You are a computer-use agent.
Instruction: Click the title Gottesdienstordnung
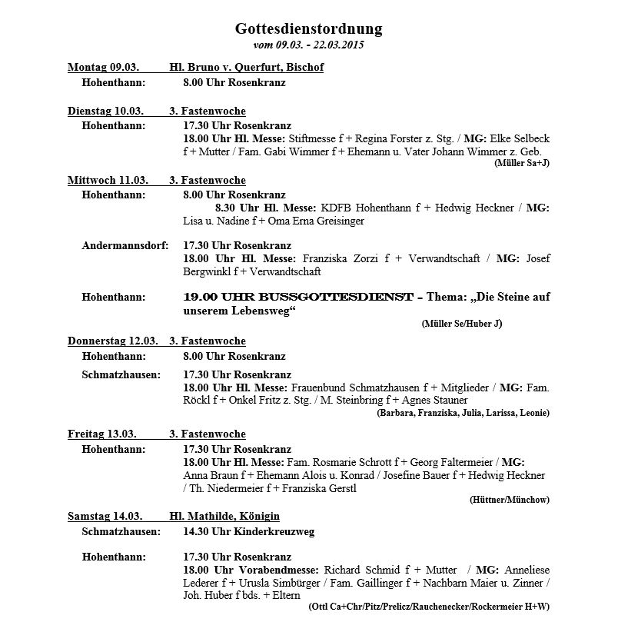pyautogui.click(x=308, y=29)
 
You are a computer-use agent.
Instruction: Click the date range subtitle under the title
pyautogui.click(x=308, y=45)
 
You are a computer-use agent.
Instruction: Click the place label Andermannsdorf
pyautogui.click(x=125, y=246)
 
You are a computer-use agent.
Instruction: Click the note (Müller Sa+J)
pyautogui.click(x=522, y=163)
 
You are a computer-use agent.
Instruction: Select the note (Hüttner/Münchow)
pyautogui.click(x=509, y=499)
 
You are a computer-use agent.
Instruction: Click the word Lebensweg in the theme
pyautogui.click(x=255, y=310)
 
